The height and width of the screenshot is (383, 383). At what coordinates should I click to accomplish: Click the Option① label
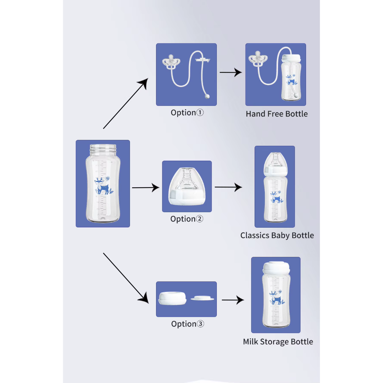[187, 113]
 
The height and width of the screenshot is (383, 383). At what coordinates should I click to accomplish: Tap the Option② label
[187, 219]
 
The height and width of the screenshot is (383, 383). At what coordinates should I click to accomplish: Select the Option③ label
[188, 324]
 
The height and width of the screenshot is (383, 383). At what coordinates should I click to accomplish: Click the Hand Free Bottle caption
[277, 114]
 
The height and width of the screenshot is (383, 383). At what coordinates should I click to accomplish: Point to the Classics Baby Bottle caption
[277, 235]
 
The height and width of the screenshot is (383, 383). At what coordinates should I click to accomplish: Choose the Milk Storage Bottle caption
[278, 342]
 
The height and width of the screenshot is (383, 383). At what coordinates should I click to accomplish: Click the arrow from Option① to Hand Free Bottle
[231, 73]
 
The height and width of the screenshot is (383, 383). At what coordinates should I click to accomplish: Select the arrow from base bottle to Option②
[145, 188]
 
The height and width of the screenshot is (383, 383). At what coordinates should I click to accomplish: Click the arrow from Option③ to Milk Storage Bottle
[233, 300]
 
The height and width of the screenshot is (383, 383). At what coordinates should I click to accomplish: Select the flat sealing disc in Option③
[202, 299]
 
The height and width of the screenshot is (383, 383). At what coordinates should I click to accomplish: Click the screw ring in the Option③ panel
[172, 298]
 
